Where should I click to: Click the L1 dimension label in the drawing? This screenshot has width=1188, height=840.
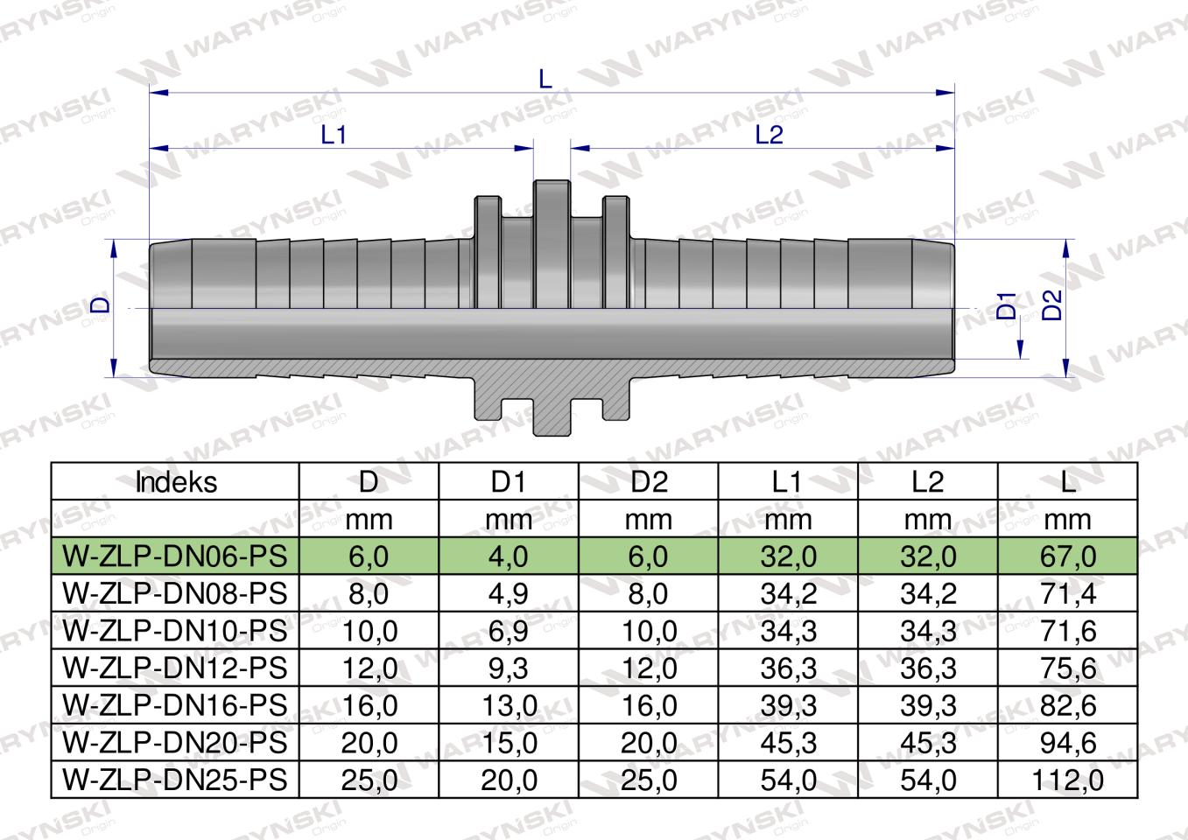coord(334,135)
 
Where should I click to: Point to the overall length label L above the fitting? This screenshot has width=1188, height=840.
coord(545,80)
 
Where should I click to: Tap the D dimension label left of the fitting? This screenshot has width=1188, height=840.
coord(102,304)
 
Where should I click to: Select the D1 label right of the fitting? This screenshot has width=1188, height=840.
coord(1007,305)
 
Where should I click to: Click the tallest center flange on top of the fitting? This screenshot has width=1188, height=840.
coord(552,197)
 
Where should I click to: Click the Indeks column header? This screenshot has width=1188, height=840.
coord(175,482)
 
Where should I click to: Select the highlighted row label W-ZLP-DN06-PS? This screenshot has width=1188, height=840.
coord(175,556)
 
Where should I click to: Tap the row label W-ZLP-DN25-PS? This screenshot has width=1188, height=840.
coord(175,780)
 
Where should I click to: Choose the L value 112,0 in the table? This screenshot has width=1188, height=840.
coord(1067,780)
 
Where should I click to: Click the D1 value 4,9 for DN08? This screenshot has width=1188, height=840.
coord(508,594)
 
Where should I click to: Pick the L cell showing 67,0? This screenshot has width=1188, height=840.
coord(1067,556)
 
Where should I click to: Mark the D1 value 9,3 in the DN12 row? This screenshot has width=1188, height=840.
coord(508,668)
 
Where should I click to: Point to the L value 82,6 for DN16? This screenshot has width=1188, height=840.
coord(1067,705)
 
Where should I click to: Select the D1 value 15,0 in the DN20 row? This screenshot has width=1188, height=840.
coord(508,743)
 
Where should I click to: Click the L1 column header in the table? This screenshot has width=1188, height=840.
coord(787,482)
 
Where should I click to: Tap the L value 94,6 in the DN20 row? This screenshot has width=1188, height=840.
coord(1067,743)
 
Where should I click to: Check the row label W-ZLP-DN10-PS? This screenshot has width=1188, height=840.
coord(175,631)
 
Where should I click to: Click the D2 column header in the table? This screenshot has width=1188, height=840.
coord(648,482)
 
